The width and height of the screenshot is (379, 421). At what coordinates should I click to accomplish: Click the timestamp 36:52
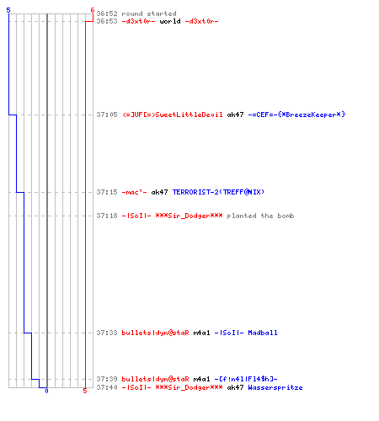107,13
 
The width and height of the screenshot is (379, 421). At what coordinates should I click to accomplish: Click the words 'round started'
149,13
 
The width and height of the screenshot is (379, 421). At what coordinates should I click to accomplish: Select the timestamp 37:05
107,115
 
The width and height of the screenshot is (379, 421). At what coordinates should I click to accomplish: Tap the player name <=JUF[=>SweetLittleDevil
173,115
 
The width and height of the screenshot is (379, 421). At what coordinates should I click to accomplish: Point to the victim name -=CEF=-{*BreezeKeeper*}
296,115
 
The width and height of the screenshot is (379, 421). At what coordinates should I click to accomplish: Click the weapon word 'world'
170,21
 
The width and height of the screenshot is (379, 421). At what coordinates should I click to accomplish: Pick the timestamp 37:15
107,192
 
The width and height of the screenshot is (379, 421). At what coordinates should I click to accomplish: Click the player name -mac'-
134,192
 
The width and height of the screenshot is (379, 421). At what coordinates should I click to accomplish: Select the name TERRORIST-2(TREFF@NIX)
218,192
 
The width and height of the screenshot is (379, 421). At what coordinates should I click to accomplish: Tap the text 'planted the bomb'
260,216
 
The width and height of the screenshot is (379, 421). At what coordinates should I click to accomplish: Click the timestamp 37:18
107,216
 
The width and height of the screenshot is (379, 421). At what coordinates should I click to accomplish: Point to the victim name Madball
263,333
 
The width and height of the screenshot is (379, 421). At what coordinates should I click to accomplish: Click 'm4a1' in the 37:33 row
201,333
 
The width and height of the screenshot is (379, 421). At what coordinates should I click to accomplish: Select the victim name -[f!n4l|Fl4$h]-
246,379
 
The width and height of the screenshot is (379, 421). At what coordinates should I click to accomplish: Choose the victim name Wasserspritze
275,387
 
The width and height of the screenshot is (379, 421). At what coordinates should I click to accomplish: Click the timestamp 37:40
107,387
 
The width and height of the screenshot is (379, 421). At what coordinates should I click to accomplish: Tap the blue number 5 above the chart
8,10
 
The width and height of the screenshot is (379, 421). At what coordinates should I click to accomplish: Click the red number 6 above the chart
93,10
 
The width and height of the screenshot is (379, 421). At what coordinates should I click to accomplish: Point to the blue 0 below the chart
46,391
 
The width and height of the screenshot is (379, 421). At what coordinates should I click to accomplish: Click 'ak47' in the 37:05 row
235,115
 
